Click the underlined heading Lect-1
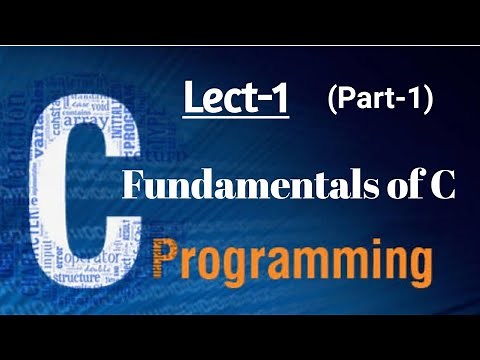tap(235, 99)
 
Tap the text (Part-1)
tap(378, 99)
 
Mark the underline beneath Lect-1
tap(235, 119)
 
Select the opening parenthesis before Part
tap(331, 99)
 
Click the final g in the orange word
tap(415, 268)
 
